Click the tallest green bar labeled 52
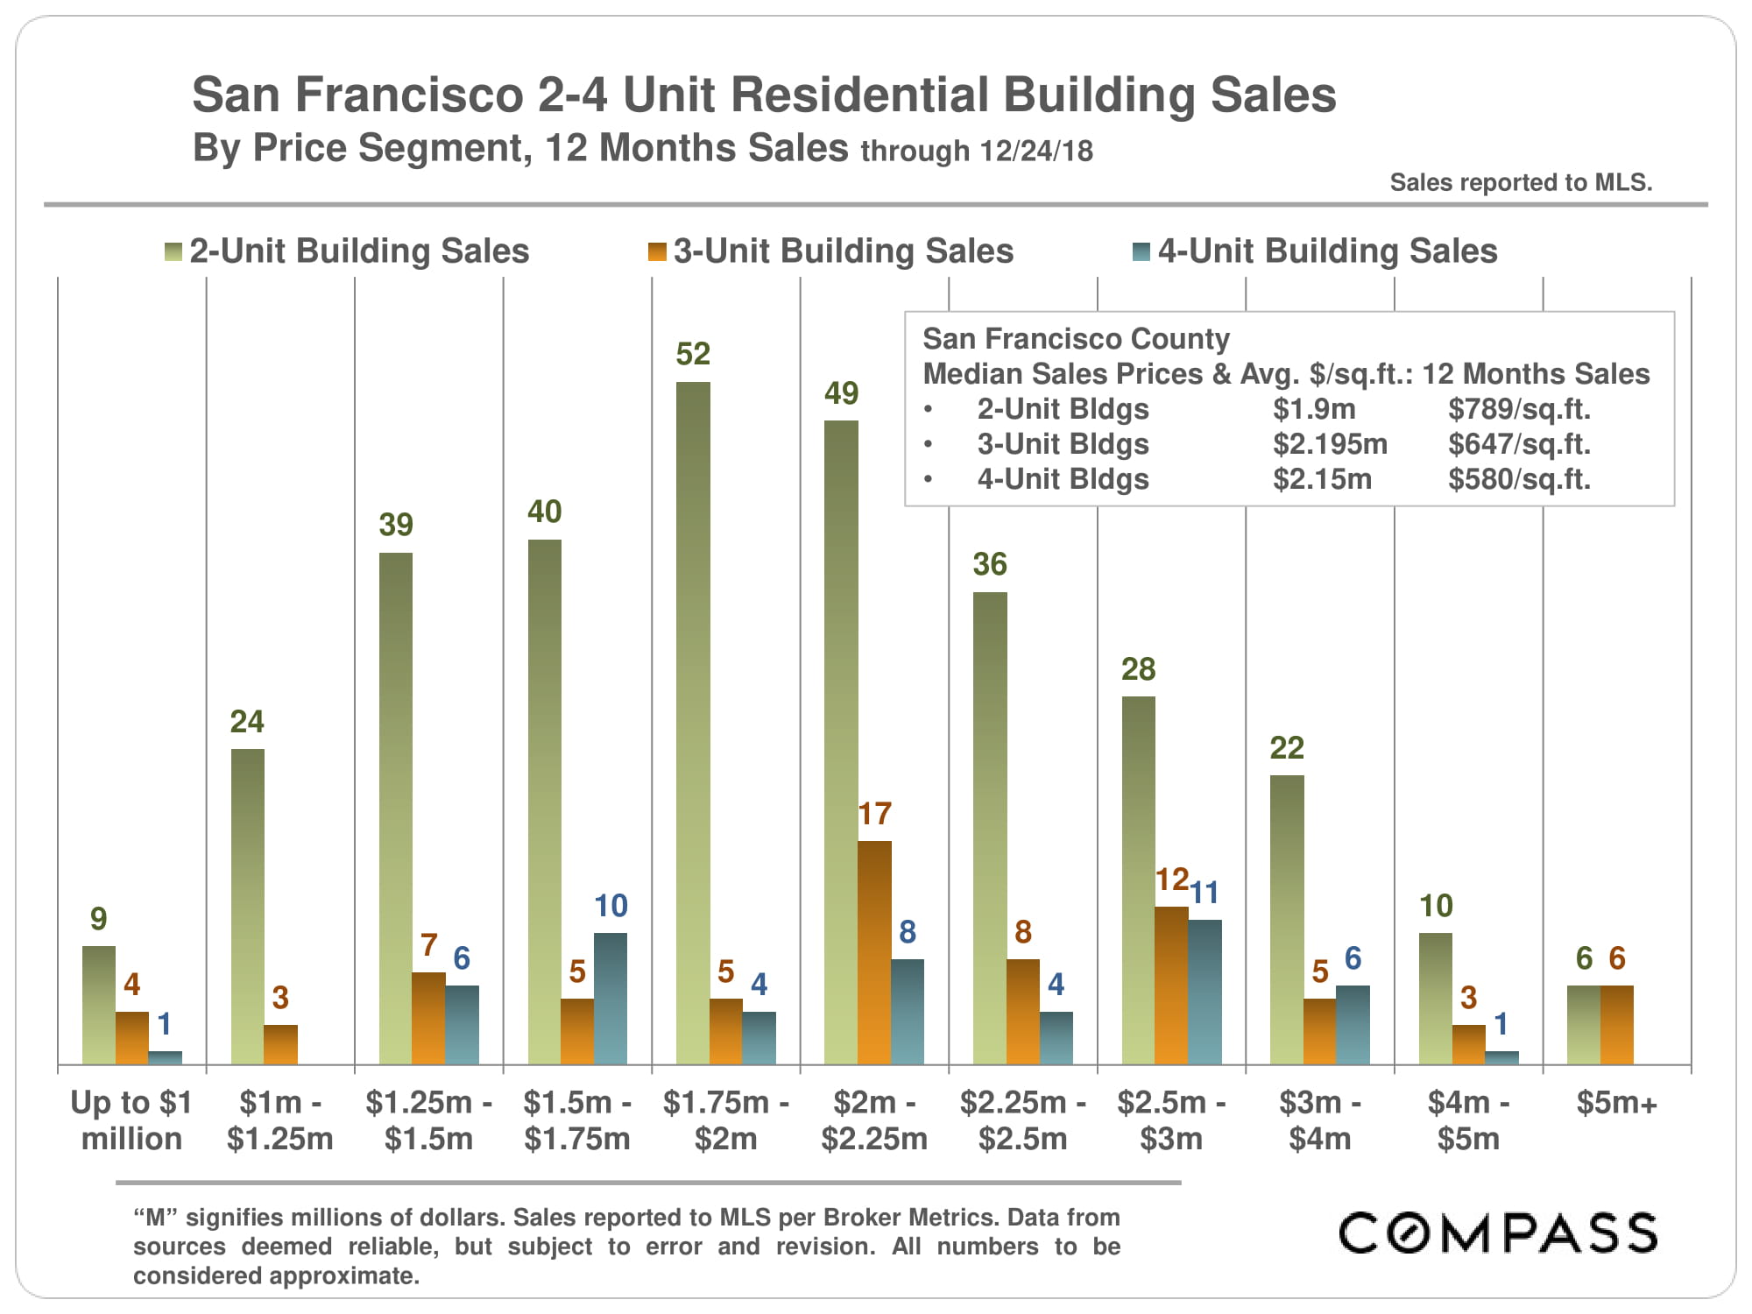pyautogui.click(x=693, y=723)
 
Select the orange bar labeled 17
pyautogui.click(x=874, y=952)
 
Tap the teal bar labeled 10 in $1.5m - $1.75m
pyautogui.click(x=611, y=999)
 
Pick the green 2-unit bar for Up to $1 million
pyautogui.click(x=99, y=1005)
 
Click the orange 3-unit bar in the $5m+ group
pyautogui.click(x=1616, y=1025)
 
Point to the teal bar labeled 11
pyautogui.click(x=1204, y=992)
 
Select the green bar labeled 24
pyautogui.click(x=247, y=907)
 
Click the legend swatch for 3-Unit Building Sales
pyautogui.click(x=657, y=252)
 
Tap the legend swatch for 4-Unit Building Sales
pyautogui.click(x=1141, y=252)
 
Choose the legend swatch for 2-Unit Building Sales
pyautogui.click(x=173, y=252)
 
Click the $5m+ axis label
pyautogui.click(x=1616, y=1103)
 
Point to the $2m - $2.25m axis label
pyautogui.click(x=874, y=1120)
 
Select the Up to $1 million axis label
pyautogui.click(x=131, y=1120)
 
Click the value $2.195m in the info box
pyautogui.click(x=1330, y=444)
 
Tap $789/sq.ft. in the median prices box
pyautogui.click(x=1519, y=409)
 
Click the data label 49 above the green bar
pyautogui.click(x=841, y=393)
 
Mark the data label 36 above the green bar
pyautogui.click(x=990, y=564)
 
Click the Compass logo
pyautogui.click(x=1498, y=1233)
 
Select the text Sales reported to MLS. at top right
pyautogui.click(x=1521, y=182)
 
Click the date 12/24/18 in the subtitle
pyautogui.click(x=1036, y=151)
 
